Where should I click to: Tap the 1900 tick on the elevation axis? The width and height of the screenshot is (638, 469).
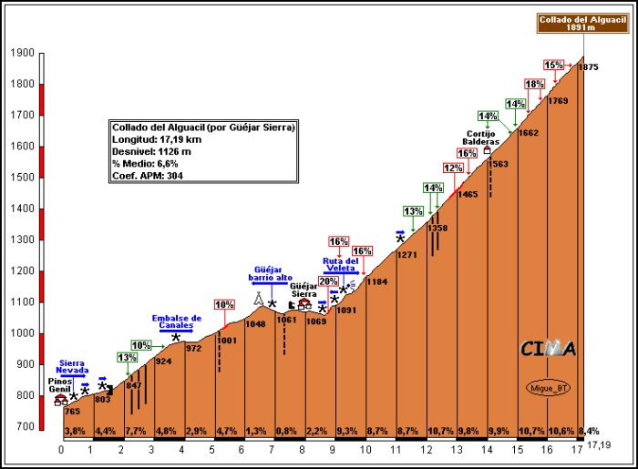pos(22,54)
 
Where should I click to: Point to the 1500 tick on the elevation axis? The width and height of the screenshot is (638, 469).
pos(22,178)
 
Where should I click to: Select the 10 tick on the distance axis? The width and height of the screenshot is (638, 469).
pos(365,449)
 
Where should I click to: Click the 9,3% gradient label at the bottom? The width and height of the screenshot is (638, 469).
pos(347,431)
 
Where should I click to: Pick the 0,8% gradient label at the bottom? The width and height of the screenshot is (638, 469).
pos(287,431)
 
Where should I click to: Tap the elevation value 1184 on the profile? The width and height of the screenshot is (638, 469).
pos(377,282)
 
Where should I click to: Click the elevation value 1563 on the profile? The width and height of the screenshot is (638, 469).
pos(498,164)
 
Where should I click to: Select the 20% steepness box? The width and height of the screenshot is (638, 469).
pos(328,281)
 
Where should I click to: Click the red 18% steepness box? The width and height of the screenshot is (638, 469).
pos(535,84)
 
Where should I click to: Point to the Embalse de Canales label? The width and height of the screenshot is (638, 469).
pos(176,321)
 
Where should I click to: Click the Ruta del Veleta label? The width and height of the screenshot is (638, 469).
pos(340,264)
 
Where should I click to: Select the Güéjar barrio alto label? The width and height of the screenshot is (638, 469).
pos(271,273)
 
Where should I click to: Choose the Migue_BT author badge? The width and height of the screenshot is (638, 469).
pos(546,386)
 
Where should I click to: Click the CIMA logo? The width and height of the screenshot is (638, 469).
pos(548,349)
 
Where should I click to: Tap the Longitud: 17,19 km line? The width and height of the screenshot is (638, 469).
pos(156,139)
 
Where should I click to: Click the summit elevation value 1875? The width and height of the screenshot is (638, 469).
pos(588,67)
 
